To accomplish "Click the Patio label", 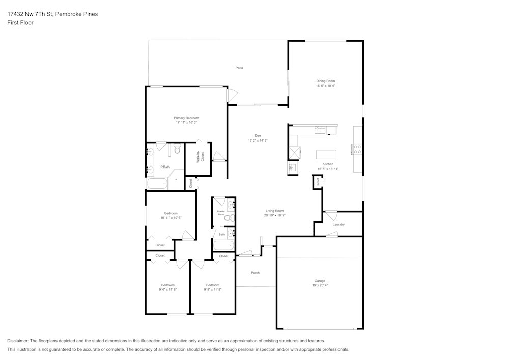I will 239,68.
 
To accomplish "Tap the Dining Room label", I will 326,81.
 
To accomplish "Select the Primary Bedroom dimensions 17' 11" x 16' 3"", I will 186,122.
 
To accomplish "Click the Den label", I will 258,135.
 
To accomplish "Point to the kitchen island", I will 326,154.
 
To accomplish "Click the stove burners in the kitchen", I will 357,149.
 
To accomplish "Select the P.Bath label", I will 165,167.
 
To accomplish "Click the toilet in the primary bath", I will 177,149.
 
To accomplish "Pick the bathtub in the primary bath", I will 158,184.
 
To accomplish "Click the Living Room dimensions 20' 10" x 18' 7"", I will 274,215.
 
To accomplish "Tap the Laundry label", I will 338,224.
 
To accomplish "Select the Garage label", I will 320,281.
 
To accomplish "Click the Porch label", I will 256,273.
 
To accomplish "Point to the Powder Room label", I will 221,213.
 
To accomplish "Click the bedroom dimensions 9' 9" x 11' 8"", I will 213,289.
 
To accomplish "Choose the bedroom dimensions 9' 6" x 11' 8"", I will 168,289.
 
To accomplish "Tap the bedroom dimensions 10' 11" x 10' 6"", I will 171,218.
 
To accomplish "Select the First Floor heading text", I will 20,23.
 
